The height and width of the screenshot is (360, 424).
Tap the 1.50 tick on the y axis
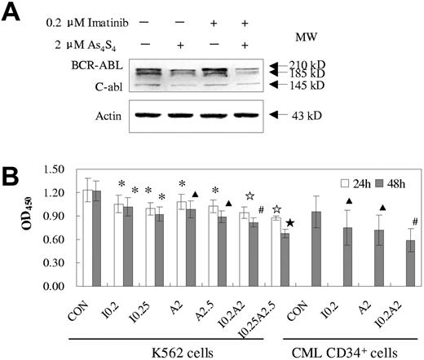pyautogui.click(x=64, y=169)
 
